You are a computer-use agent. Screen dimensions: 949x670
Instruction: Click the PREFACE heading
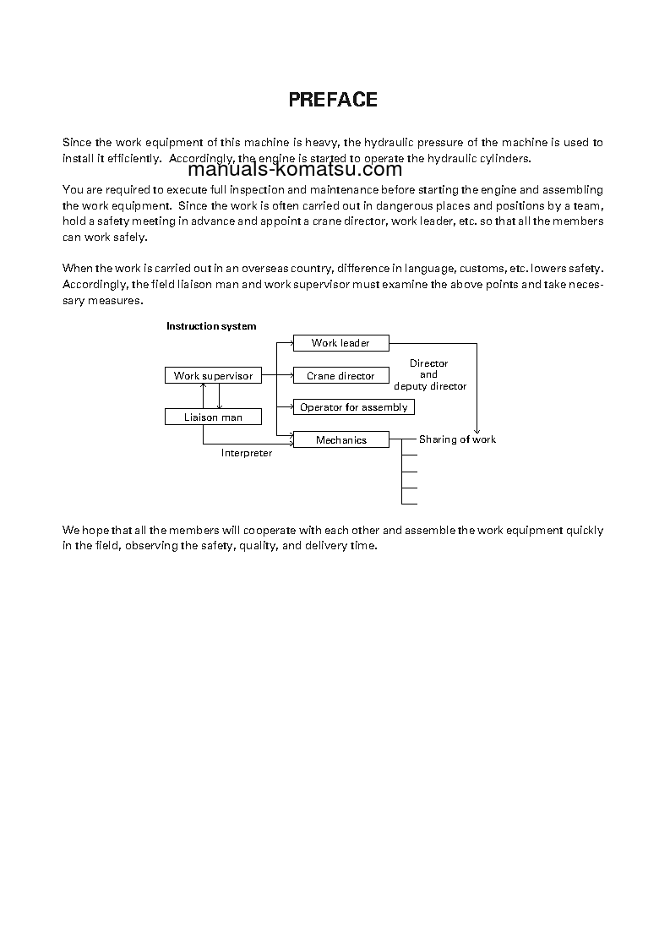(x=333, y=100)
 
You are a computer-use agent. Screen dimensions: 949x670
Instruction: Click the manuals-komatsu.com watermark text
(x=295, y=168)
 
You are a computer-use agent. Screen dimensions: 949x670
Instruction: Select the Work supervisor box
(x=213, y=376)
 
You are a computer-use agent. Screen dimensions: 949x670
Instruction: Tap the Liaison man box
(x=213, y=417)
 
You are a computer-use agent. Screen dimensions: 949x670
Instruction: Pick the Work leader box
(x=340, y=343)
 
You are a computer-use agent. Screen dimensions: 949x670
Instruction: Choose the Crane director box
(x=340, y=376)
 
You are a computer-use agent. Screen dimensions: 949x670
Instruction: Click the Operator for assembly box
(x=353, y=407)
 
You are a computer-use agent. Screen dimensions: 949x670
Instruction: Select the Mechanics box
(x=340, y=440)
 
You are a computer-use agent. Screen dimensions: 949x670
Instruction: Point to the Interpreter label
(x=247, y=454)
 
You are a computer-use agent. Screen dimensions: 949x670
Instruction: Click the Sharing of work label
(x=457, y=439)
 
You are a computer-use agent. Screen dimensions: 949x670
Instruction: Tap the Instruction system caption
(x=211, y=326)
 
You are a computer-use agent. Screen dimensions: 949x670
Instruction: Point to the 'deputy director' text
(x=430, y=386)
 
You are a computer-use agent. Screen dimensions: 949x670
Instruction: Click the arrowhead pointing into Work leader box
(x=289, y=343)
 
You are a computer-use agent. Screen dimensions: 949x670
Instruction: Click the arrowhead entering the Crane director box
(x=289, y=376)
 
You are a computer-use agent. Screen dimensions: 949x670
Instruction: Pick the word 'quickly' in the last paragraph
(x=586, y=531)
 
